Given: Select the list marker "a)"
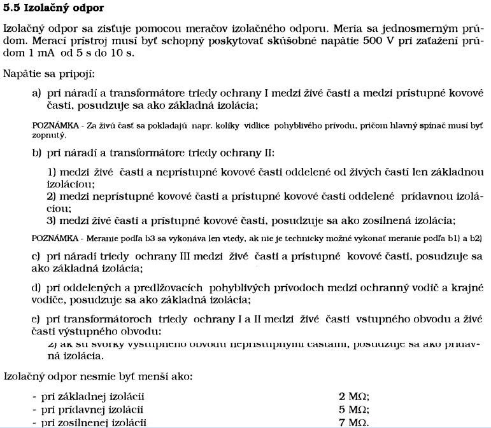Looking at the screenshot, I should pyautogui.click(x=37, y=93).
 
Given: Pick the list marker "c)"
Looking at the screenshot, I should pyautogui.click(x=37, y=256).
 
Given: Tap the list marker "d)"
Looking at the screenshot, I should pyautogui.click(x=37, y=287).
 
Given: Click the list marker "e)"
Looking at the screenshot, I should pyautogui.click(x=37, y=318).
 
